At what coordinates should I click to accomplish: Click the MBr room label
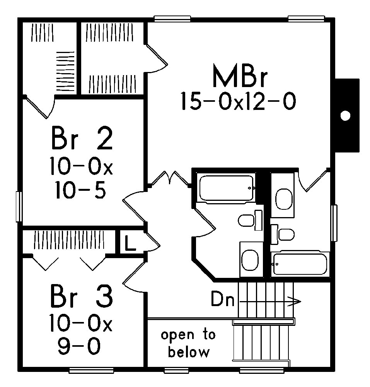[240, 77]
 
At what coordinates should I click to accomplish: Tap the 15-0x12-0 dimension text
[238, 102]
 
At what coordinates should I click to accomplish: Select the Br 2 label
[82, 139]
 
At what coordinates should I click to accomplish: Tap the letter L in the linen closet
[130, 245]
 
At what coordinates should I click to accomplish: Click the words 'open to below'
[189, 343]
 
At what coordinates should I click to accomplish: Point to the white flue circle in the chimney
[345, 115]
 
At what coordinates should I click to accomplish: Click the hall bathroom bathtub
[226, 188]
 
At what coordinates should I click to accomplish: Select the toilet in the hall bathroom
[246, 221]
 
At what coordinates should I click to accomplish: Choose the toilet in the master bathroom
[286, 235]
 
